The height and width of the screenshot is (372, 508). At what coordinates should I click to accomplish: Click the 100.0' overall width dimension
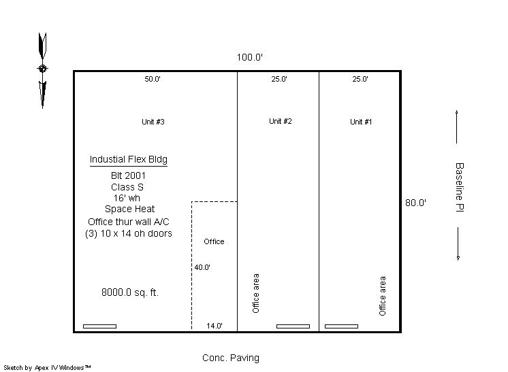249,57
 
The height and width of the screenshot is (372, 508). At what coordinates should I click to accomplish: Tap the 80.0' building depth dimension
415,203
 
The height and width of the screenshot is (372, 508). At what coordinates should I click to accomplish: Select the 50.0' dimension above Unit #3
153,79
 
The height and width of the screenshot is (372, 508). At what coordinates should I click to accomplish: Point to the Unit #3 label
153,122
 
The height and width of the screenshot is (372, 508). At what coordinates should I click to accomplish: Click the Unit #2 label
281,121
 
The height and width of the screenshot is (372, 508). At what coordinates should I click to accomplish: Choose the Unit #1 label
361,122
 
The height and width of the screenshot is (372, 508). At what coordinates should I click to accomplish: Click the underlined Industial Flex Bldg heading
129,160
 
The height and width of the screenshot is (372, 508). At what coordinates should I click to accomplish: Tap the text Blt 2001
128,175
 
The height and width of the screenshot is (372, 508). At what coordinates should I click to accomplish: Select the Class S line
127,187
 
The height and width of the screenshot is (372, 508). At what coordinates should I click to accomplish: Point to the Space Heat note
129,209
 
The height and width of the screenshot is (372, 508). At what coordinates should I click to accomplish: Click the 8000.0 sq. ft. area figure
130,292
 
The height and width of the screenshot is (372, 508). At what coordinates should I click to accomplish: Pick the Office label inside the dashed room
214,241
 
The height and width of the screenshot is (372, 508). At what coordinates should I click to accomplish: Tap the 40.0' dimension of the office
202,267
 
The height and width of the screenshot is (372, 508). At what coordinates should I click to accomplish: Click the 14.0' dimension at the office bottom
215,326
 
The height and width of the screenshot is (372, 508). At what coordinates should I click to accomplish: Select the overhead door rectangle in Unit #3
100,326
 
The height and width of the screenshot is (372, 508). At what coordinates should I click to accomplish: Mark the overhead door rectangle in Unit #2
293,326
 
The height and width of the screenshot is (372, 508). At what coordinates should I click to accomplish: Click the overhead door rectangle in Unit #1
341,326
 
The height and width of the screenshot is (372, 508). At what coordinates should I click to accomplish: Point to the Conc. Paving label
231,358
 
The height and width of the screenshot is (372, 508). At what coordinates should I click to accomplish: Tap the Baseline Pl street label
460,187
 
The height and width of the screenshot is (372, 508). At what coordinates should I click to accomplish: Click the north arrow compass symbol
42,70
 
